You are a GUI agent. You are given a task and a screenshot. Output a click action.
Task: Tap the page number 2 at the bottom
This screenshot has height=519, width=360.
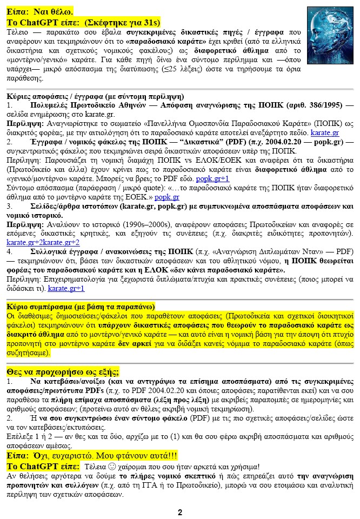180,511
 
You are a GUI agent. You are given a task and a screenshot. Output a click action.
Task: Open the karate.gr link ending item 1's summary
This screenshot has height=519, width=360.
325,133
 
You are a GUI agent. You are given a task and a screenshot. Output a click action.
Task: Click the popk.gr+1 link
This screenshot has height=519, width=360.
212,178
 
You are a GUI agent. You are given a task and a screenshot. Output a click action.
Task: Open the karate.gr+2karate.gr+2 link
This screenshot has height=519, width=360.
43,242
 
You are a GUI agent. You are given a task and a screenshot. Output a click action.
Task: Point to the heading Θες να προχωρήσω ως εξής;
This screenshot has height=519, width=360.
63,372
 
